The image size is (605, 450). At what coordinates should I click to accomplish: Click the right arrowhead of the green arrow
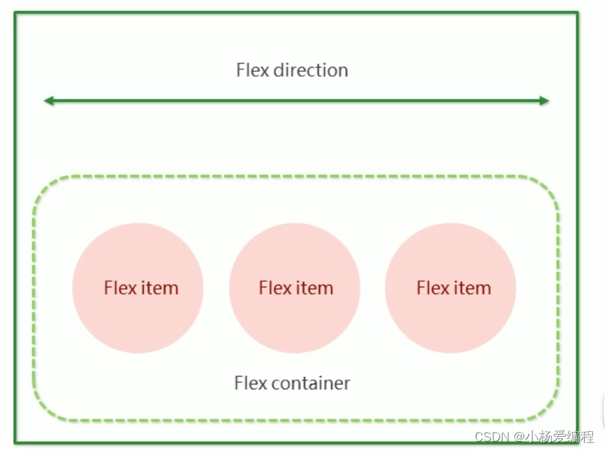click(544, 101)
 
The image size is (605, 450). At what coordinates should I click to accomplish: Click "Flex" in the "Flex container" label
click(250, 383)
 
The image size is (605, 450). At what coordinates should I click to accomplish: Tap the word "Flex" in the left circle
click(120, 288)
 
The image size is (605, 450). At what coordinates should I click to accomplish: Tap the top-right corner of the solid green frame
click(577, 13)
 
